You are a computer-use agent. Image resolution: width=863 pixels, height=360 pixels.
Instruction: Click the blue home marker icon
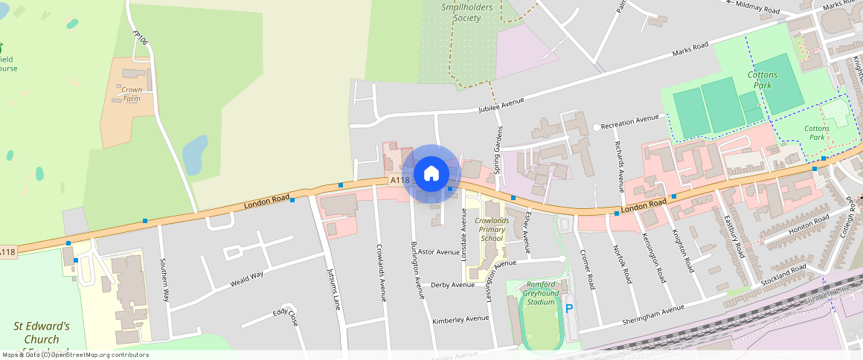[431, 174]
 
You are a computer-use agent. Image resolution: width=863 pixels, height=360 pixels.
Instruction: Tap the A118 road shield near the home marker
[400, 180]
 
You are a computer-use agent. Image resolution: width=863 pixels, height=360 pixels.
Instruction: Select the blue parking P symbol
[570, 309]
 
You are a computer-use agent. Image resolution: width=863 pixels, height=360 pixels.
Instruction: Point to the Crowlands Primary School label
[492, 230]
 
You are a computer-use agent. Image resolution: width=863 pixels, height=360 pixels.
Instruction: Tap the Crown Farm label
[132, 94]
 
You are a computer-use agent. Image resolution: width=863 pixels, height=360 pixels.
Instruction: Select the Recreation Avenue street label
[629, 118]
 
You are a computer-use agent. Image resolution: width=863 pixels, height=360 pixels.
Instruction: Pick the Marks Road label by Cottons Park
[690, 49]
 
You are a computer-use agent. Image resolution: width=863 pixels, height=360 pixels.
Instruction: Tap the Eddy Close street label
[285, 315]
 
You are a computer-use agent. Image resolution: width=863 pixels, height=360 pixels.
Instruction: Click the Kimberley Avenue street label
[461, 319]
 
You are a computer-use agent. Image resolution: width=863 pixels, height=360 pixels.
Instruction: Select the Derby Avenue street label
[452, 285]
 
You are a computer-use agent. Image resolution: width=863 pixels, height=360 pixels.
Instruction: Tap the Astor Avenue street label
[438, 252]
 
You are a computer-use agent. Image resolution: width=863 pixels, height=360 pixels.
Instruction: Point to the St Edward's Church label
[42, 332]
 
